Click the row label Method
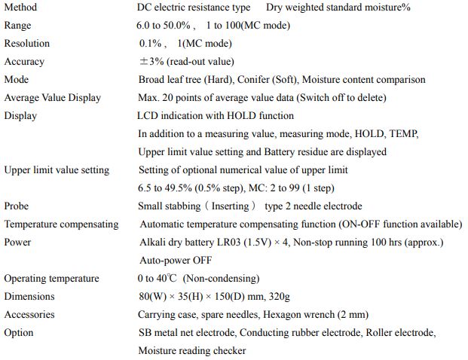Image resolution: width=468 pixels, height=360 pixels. tap(20, 8)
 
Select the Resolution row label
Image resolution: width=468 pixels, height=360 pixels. tap(27, 44)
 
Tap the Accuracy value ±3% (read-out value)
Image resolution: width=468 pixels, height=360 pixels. tap(186, 62)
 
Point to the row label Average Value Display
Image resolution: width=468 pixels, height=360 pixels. tap(52, 98)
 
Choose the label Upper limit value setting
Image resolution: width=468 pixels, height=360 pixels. tap(57, 170)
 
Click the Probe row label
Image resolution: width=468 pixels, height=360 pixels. tap(17, 206)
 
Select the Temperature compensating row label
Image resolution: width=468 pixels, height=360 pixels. tap(61, 224)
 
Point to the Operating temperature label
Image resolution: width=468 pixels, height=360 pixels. tap(51, 279)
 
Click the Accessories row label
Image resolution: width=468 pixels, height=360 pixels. tap(29, 315)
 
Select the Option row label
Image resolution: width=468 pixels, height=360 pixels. tap(20, 333)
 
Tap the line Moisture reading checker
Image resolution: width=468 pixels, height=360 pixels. tap(191, 351)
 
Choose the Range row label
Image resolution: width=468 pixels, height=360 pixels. tap(18, 26)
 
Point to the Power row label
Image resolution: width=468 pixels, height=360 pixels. tap(17, 243)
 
